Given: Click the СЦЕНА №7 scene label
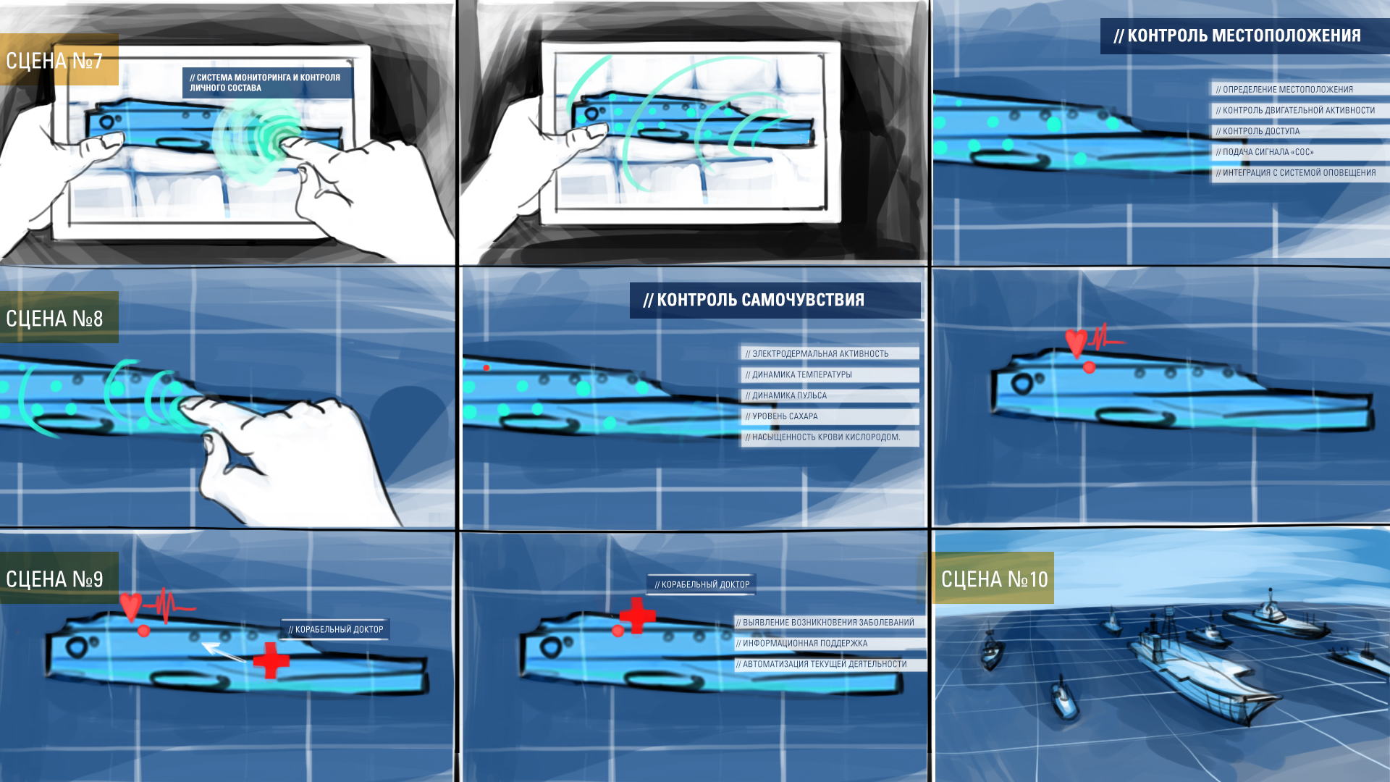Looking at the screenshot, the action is click(54, 61).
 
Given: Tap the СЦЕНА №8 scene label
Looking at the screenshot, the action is click(54, 319).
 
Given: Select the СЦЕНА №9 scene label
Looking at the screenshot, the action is click(54, 579).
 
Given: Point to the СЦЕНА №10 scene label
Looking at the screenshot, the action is click(994, 579).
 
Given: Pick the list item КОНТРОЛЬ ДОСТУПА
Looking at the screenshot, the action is click(1261, 132).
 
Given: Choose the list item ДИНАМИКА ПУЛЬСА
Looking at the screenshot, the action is click(789, 396).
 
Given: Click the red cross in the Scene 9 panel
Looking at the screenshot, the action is click(271, 660).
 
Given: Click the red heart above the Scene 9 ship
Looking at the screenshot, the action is click(131, 606).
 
